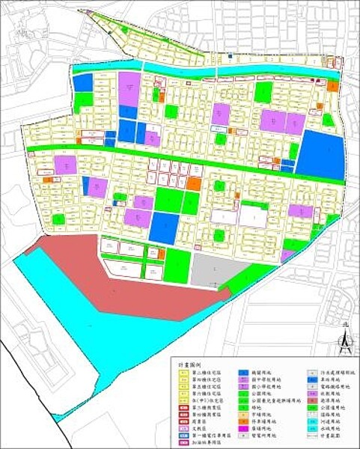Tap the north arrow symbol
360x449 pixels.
coord(343,340)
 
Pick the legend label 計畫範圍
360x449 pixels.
coord(329,434)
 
